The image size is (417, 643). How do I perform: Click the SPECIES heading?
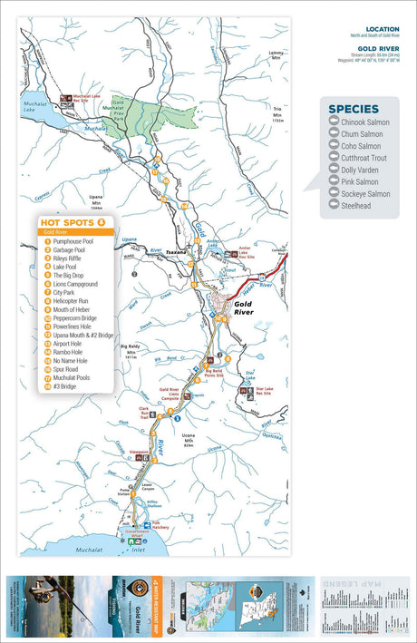click(354, 109)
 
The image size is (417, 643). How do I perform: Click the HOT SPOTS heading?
click(68, 220)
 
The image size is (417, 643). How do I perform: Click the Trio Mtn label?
click(278, 119)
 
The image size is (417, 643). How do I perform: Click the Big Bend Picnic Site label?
click(213, 371)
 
